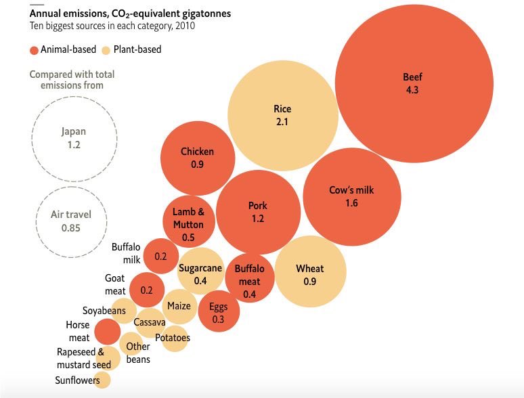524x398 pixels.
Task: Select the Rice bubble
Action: (282, 116)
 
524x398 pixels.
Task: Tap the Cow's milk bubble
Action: (351, 196)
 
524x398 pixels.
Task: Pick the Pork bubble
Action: (257, 212)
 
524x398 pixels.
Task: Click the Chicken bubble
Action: (197, 158)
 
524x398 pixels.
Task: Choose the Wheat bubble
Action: (309, 272)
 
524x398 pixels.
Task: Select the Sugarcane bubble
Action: (200, 273)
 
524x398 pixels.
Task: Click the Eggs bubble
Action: (219, 312)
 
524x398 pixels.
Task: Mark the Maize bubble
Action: (179, 306)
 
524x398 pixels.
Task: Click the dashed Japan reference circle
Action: (74, 139)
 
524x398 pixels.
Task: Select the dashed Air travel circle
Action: (71, 221)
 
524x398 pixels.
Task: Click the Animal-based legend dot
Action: (34, 50)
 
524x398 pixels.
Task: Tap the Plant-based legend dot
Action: (106, 50)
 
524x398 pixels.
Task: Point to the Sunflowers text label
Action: (77, 380)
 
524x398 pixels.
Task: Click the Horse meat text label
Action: (79, 332)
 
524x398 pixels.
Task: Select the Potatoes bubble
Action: (173, 338)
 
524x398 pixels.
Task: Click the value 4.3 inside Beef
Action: (412, 90)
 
